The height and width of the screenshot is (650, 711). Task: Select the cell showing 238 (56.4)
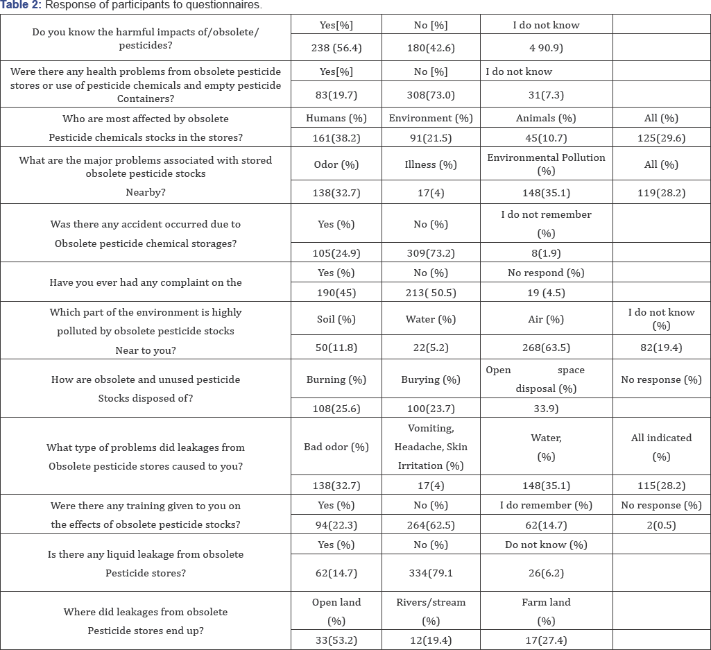pos(336,48)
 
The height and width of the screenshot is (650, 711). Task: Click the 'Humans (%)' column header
pos(336,118)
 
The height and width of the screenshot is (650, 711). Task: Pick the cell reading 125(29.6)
pos(661,138)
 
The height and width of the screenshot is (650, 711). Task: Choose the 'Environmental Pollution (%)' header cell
pos(546,164)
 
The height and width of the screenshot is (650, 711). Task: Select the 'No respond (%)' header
pos(546,273)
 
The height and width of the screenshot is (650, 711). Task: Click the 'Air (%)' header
pos(546,320)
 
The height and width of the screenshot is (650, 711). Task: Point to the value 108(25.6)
pos(336,408)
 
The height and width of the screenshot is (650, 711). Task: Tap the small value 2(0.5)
pos(661,525)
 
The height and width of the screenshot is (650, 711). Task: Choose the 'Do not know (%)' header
pos(546,545)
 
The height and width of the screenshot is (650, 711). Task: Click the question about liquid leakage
pos(146,563)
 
